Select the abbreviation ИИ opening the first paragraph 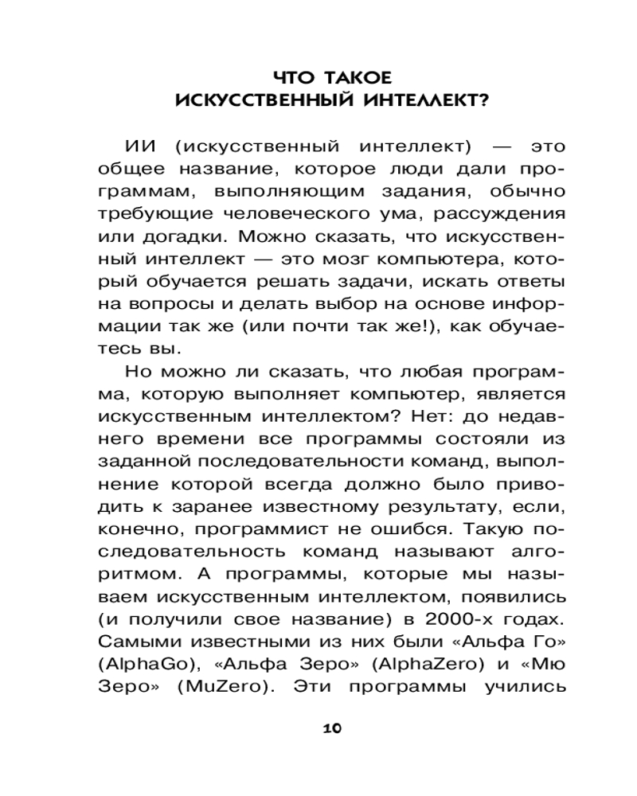point(143,147)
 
